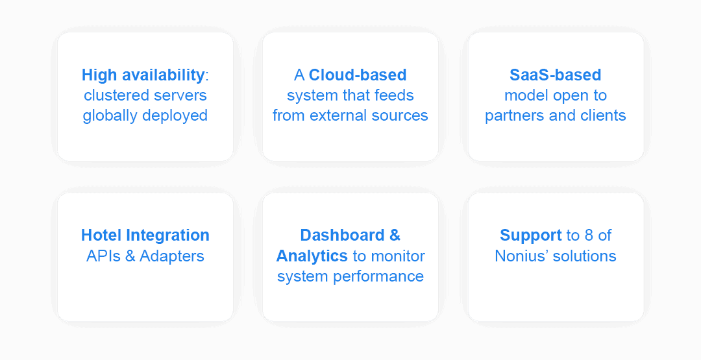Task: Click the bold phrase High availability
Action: click(143, 75)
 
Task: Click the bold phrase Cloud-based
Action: click(358, 75)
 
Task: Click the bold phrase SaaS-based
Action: click(556, 75)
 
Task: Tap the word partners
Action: click(513, 116)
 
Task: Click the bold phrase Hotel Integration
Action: click(145, 235)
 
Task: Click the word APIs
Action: click(103, 256)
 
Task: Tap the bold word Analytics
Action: click(312, 256)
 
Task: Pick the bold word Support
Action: click(530, 235)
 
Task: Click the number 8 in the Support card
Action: click(587, 235)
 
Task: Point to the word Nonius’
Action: click(519, 256)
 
